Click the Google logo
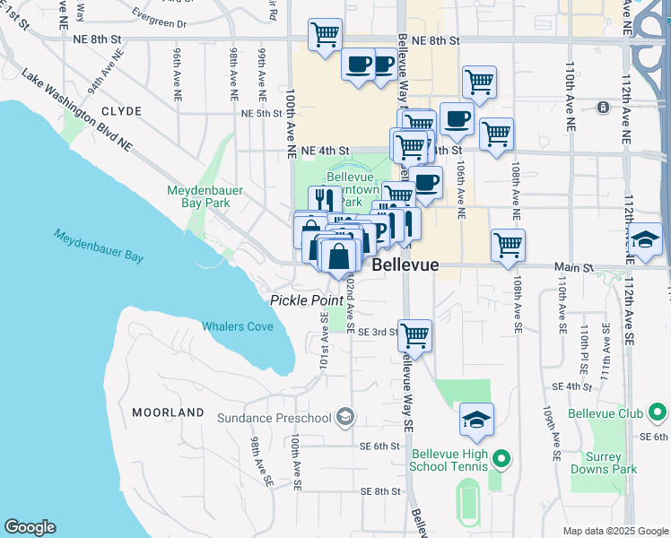click(x=30, y=527)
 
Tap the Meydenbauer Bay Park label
click(x=198, y=196)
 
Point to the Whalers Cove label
click(x=238, y=326)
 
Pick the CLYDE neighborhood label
click(x=122, y=111)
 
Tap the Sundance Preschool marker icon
click(x=345, y=417)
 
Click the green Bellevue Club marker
click(x=658, y=413)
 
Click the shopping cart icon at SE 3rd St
click(x=414, y=335)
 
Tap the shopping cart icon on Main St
click(x=509, y=244)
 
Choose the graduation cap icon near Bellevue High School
click(x=477, y=419)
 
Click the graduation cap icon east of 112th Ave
click(x=646, y=240)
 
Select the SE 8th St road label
click(x=380, y=491)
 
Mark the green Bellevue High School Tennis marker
click(x=501, y=460)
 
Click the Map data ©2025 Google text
click(x=615, y=531)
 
